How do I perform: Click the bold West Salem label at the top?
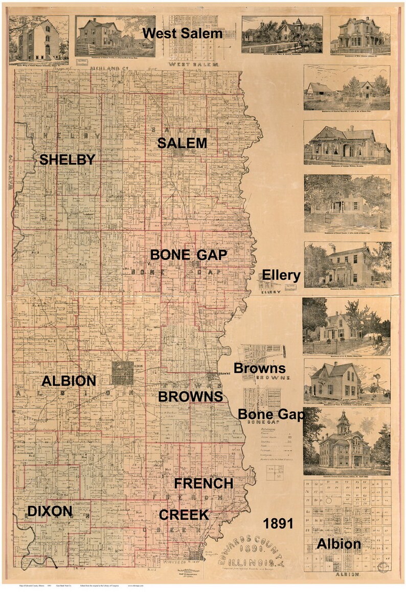pos(183,34)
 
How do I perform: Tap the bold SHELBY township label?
pos(67,160)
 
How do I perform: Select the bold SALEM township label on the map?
pos(182,143)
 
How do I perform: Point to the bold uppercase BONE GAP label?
pos(188,255)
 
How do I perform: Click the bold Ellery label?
pos(281,275)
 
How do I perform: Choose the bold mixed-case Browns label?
pos(259,368)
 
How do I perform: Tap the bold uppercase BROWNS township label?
pos(190,397)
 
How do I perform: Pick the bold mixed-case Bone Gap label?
pos(271,414)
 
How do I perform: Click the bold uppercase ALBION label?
pos(69,381)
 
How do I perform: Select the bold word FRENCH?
pos(204,483)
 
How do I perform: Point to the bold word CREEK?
pos(184,515)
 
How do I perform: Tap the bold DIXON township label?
pos(50,511)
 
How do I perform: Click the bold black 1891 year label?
pos(278,523)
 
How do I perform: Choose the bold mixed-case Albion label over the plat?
pos(339,544)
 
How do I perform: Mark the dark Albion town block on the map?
pos(123,373)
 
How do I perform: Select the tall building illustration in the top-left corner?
pos(38,40)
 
